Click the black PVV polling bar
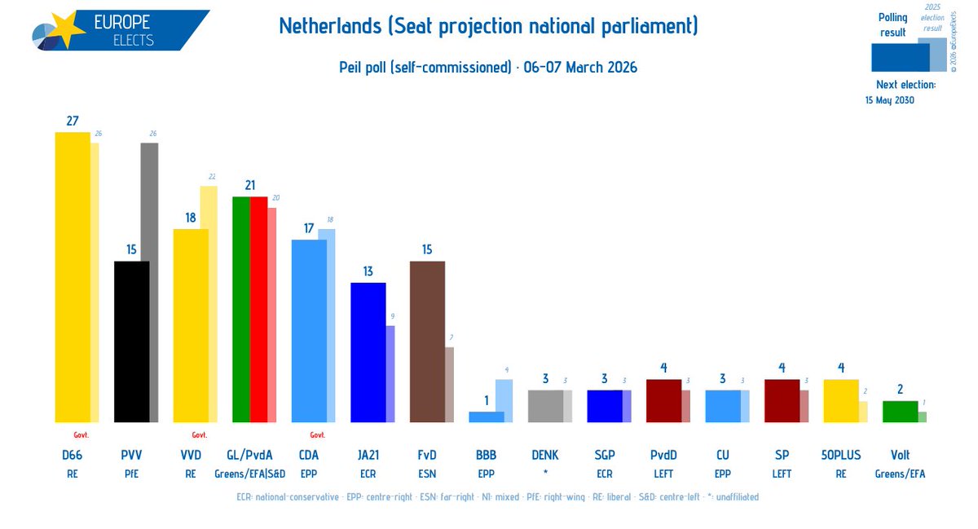click(x=131, y=342)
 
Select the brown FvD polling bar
click(x=426, y=342)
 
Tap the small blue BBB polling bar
click(x=486, y=417)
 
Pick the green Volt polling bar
click(x=900, y=412)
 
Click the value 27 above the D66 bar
click(x=73, y=121)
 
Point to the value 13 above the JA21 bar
click(x=368, y=271)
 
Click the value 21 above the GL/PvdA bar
click(x=250, y=185)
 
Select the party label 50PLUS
click(x=840, y=455)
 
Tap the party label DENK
click(x=545, y=455)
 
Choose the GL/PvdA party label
click(x=250, y=455)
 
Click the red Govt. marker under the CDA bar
click(x=318, y=434)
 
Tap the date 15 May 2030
click(x=889, y=100)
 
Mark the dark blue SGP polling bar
click(x=604, y=406)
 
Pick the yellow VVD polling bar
click(x=191, y=325)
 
